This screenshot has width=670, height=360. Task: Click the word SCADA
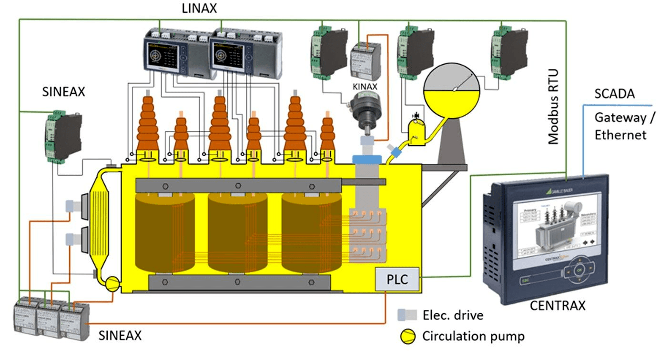point(614,94)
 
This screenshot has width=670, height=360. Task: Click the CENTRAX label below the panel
point(558,305)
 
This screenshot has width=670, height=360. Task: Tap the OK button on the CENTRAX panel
point(579,270)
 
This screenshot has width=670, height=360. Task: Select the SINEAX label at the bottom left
point(120,335)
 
